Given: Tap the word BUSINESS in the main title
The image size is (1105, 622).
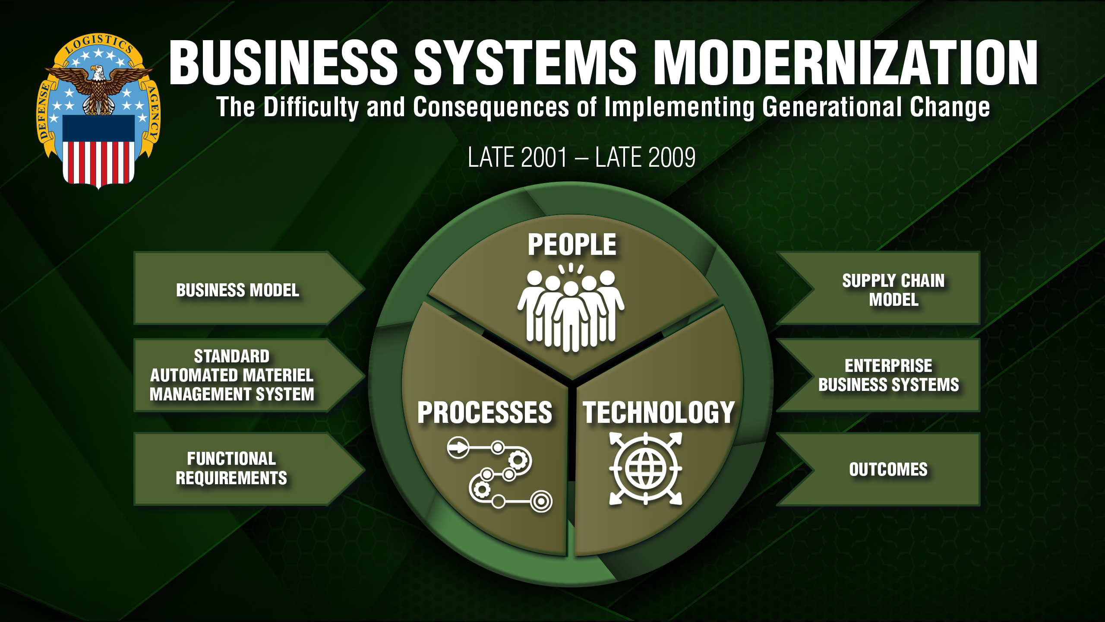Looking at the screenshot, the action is click(x=283, y=63).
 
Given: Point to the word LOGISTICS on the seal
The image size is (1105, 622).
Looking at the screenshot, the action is click(x=99, y=44).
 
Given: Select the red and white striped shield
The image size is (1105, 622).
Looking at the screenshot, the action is click(x=98, y=151).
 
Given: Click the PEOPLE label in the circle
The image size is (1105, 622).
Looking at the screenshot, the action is click(x=572, y=244).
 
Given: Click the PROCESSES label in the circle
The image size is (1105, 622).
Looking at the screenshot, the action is click(x=484, y=413).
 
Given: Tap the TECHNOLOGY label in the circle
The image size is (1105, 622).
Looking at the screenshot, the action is click(x=659, y=413).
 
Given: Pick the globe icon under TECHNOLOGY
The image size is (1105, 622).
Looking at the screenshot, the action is click(x=646, y=469).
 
